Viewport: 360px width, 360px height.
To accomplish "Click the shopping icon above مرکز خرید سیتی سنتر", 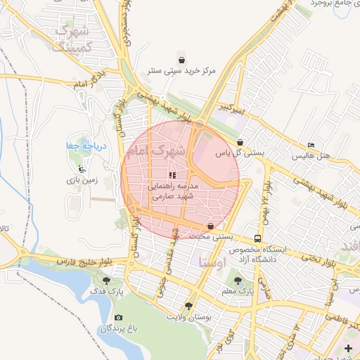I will pos(182,60).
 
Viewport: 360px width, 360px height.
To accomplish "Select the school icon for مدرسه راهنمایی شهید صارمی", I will pos(173,174).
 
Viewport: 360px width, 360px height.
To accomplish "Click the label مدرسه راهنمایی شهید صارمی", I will pos(173,191).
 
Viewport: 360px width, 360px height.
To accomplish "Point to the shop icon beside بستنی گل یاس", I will pos(240,142).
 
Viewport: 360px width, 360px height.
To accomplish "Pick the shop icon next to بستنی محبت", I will pos(210,226).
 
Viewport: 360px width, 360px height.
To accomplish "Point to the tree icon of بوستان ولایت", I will pos(188,306).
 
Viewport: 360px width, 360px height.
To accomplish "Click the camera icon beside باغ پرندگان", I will pos(117,318).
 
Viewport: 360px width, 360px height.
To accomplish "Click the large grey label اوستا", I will pos(212,263).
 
